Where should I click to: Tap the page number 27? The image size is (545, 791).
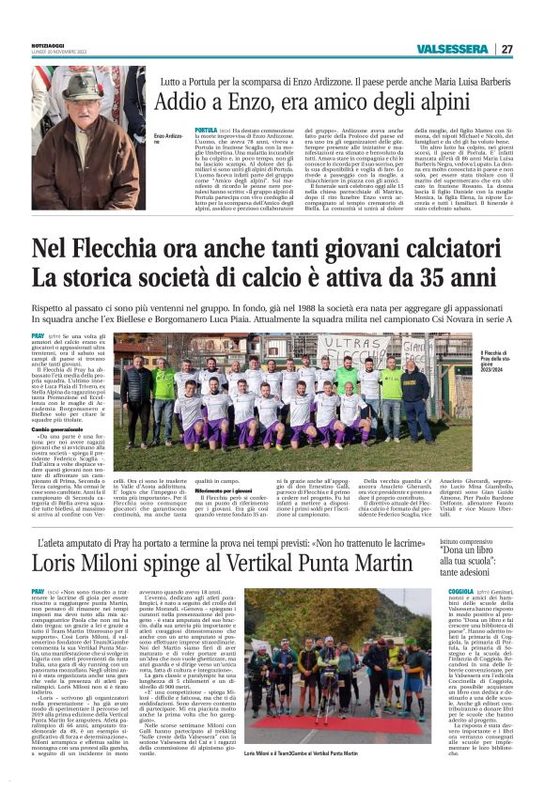(506, 49)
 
